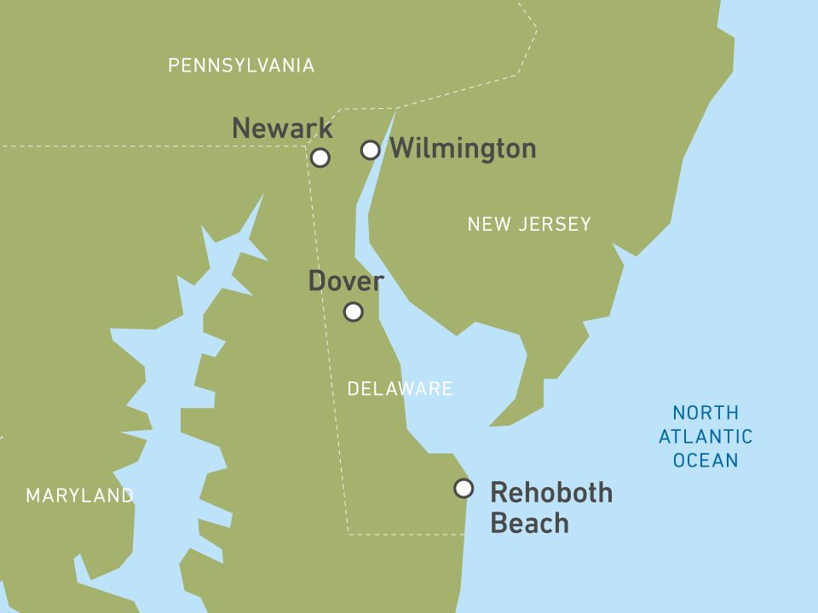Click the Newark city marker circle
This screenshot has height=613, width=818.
click(320, 158)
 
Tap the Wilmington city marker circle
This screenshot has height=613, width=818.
click(370, 150)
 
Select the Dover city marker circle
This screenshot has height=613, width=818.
click(354, 312)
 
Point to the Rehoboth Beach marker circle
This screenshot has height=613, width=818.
click(464, 488)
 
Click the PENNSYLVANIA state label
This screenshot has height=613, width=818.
click(241, 66)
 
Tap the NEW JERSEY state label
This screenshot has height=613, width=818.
click(528, 225)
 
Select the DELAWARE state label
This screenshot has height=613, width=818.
click(400, 389)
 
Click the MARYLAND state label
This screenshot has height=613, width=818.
click(79, 496)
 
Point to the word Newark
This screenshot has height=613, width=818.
click(282, 129)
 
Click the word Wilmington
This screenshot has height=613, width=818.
click(463, 149)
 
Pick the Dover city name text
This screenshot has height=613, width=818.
click(346, 281)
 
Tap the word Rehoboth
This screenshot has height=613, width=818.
click(551, 493)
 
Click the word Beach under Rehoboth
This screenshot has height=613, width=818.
click(529, 524)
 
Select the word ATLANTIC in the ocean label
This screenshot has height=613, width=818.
click(706, 437)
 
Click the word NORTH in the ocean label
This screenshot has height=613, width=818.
click(706, 413)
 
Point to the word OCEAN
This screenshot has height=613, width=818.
click(706, 461)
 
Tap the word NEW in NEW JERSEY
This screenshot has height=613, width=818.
click(486, 225)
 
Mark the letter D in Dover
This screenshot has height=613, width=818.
click(317, 281)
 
